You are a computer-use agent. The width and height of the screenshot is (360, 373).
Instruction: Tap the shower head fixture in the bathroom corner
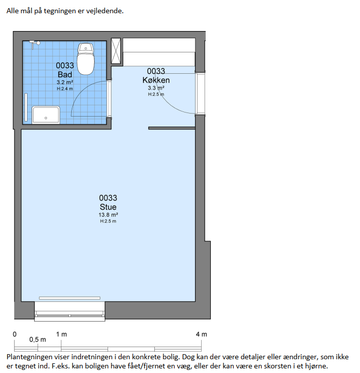35,44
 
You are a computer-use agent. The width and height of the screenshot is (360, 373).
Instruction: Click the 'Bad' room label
65,74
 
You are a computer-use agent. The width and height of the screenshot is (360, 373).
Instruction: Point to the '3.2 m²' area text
65,82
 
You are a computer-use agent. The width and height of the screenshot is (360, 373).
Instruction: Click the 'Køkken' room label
156,80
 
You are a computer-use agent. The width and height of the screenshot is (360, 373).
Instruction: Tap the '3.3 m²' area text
156,88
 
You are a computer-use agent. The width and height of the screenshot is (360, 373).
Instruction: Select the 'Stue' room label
108,207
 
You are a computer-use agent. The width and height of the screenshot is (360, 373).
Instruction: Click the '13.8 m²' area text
108,215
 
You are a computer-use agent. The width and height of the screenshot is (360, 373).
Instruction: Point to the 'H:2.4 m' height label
65,89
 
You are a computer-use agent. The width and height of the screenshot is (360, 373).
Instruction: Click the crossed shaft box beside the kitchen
116,51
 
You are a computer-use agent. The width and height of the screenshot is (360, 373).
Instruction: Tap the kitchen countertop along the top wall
159,52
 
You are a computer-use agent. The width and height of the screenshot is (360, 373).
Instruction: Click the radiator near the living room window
70,298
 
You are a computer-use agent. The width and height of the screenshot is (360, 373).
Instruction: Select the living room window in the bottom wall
70,311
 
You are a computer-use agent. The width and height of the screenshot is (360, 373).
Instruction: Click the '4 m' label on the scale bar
202,334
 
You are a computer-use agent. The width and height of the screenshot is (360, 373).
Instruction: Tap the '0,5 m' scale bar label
38,339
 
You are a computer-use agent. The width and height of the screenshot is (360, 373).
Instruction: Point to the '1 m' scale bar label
62,334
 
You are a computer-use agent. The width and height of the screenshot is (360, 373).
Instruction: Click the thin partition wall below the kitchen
172,128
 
